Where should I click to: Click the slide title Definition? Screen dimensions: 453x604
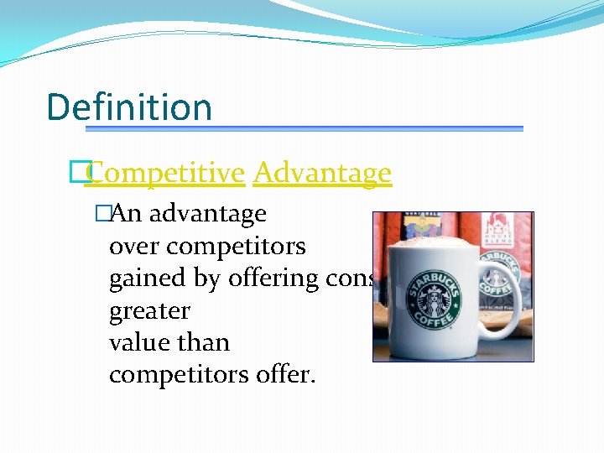pyautogui.click(x=129, y=107)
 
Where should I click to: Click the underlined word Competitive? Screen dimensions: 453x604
pyautogui.click(x=164, y=173)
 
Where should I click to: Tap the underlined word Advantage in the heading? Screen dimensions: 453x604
pyautogui.click(x=322, y=173)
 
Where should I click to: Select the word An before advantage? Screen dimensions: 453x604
pyautogui.click(x=126, y=214)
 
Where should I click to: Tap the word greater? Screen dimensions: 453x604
pyautogui.click(x=149, y=311)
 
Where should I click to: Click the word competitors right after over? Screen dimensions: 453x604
pyautogui.click(x=236, y=247)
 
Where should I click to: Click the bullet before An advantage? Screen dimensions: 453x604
pyautogui.click(x=103, y=214)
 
